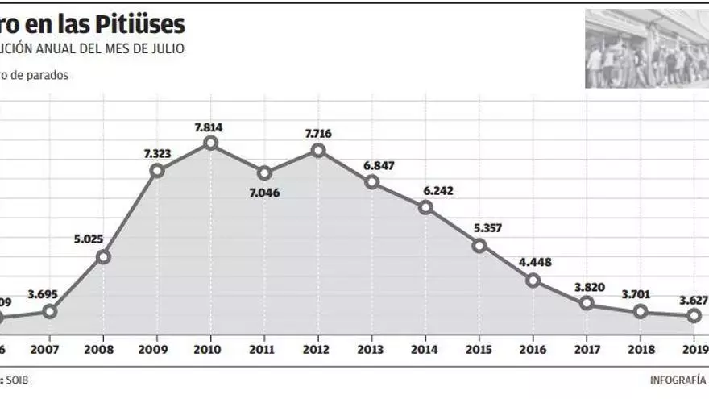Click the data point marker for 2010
(x=210, y=143)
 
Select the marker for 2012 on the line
(x=318, y=150)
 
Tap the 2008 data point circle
(x=103, y=257)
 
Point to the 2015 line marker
(x=479, y=246)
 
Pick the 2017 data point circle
(x=587, y=303)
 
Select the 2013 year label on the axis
(x=371, y=350)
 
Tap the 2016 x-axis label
(x=533, y=350)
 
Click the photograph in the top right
(x=647, y=48)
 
